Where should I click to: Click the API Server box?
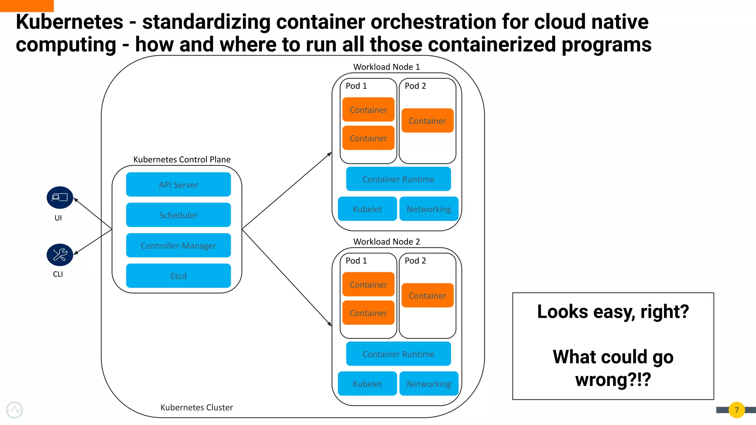point(178,184)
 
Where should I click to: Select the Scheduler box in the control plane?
point(178,215)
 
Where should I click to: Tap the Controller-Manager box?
point(178,245)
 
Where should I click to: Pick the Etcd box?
point(178,276)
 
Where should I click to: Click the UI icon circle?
point(60,198)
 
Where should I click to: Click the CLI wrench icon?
point(60,255)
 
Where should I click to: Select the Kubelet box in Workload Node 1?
point(367,209)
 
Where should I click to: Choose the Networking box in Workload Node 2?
point(429,384)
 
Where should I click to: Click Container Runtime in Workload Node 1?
point(398,179)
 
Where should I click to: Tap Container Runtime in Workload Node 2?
point(398,354)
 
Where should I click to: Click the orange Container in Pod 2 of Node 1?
point(427,121)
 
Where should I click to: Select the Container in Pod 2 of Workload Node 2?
point(427,296)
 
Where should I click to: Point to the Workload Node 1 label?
point(386,67)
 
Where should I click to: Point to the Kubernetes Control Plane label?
point(182,159)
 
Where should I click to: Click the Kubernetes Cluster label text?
point(196,407)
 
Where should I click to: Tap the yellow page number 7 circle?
point(736,410)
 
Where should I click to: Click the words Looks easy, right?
point(613,311)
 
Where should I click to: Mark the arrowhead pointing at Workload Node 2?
point(330,324)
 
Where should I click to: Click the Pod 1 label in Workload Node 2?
point(356,260)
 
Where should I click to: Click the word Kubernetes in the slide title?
point(69,22)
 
